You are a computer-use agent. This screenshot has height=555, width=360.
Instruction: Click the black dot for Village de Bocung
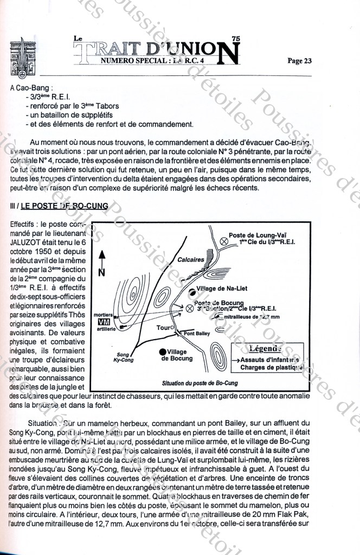click(163, 351)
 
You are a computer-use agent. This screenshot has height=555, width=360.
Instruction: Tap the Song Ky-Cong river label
click(123, 356)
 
